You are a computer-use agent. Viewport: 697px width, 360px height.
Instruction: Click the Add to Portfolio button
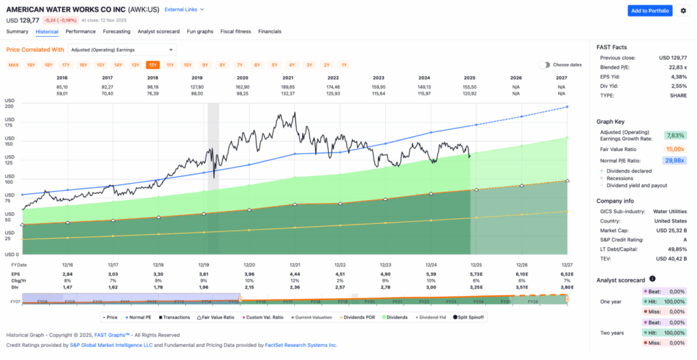649,10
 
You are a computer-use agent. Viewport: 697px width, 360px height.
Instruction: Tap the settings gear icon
683,10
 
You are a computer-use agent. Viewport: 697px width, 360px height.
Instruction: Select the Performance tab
80,31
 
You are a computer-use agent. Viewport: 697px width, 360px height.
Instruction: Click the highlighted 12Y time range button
152,65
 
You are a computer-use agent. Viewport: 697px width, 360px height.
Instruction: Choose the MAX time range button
13,65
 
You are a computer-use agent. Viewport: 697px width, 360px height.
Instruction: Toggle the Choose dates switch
545,65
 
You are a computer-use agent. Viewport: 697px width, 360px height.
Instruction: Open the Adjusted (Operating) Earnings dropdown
122,50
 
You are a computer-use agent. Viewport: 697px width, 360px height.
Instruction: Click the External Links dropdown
184,10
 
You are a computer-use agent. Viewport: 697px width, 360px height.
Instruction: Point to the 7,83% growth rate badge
676,135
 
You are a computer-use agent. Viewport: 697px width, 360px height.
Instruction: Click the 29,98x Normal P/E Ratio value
675,160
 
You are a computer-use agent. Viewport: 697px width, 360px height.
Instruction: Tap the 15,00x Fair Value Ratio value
675,148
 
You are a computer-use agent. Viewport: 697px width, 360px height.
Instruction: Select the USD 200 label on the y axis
10,106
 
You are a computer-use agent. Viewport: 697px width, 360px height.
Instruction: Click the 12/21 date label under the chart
295,264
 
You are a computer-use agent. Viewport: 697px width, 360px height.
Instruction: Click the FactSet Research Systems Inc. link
300,345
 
